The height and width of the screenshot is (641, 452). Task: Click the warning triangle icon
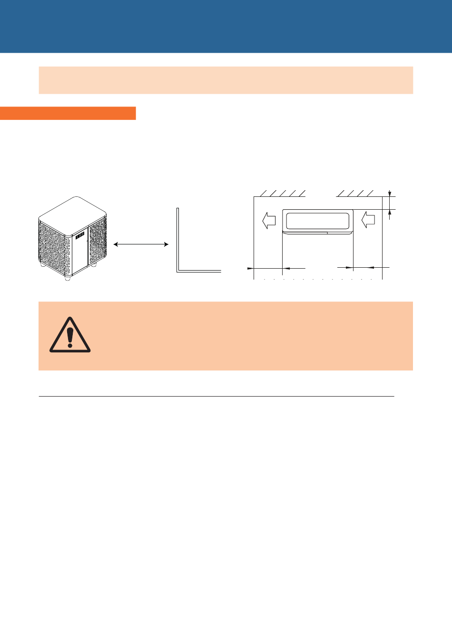coord(70,335)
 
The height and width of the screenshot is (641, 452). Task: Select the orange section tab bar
coord(68,113)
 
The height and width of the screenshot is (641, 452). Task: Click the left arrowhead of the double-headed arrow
coord(116,244)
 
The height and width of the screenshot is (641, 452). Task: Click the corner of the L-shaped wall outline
coord(178,271)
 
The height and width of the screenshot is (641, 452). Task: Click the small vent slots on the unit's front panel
coord(79,235)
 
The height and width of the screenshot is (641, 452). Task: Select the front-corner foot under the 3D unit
coord(68,278)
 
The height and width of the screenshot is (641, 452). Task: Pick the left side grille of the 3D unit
coord(54,250)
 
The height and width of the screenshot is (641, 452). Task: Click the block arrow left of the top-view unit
coord(269,220)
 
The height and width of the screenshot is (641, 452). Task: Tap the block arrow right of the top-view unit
coord(368,220)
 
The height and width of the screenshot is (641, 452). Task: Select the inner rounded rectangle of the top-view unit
coord(318,221)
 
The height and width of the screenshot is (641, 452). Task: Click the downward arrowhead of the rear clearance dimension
coord(390,194)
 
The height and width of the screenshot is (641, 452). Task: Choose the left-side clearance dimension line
coord(268,269)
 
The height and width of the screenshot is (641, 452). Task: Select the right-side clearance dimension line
coord(367,268)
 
